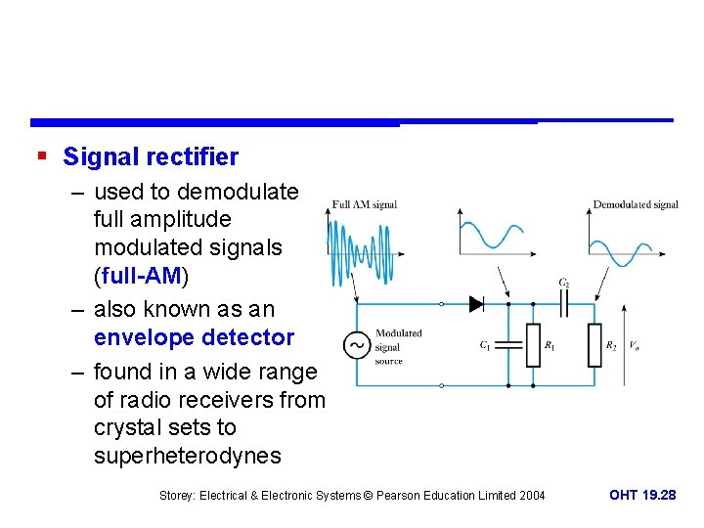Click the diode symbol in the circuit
click(x=477, y=304)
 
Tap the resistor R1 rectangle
click(x=533, y=345)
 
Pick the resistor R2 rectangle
click(x=595, y=345)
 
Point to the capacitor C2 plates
click(x=564, y=304)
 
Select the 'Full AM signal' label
click(x=365, y=205)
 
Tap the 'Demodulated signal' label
click(x=636, y=205)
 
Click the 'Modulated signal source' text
click(x=398, y=346)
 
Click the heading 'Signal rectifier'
click(x=151, y=156)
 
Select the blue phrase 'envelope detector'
click(x=194, y=337)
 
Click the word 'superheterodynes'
click(x=187, y=456)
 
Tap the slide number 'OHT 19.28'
click(x=642, y=496)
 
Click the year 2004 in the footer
click(x=531, y=496)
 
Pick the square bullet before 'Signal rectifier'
click(x=41, y=156)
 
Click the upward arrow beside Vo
click(x=623, y=342)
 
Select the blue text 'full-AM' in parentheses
click(x=141, y=276)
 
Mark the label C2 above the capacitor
click(x=564, y=283)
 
